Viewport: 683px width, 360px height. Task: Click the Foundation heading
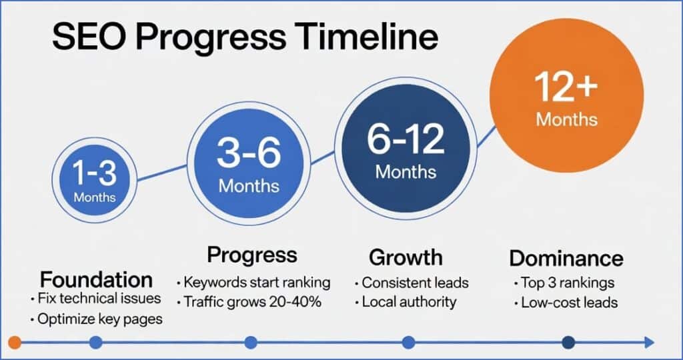[96, 278]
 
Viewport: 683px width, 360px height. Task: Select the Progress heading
[251, 255]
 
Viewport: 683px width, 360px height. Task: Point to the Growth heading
[405, 257]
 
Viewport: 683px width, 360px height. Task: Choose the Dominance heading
[566, 258]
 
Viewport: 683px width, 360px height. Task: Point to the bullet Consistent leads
[415, 282]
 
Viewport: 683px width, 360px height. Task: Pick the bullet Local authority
[408, 301]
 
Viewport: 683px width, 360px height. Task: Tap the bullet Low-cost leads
[569, 303]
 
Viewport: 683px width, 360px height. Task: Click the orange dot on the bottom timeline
[18, 343]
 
